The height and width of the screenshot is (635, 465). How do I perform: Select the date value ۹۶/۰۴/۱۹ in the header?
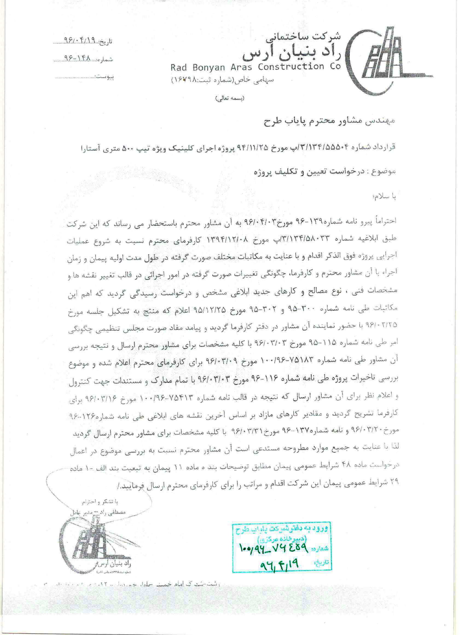click(x=79, y=41)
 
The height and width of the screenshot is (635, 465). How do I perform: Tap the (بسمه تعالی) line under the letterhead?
click(x=230, y=98)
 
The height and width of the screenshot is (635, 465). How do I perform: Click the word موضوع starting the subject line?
click(x=387, y=172)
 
